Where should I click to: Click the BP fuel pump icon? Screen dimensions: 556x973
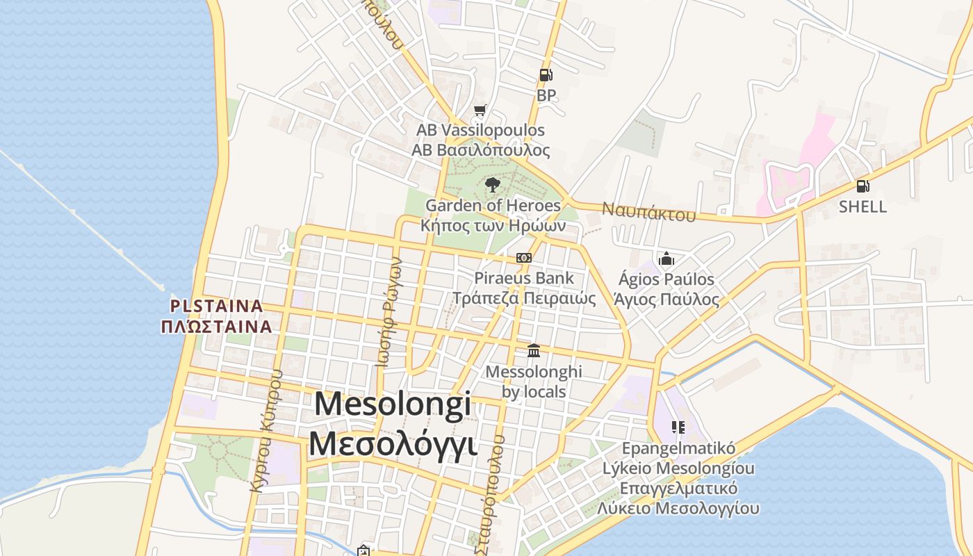[546, 75]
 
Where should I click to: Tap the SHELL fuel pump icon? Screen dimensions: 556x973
[862, 186]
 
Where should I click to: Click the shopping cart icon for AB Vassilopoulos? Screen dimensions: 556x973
[479, 110]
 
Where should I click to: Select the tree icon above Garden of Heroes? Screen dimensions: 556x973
[493, 184]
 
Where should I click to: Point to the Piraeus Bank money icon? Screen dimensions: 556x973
[524, 258]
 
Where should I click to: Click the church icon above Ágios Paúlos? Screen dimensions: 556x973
[667, 259]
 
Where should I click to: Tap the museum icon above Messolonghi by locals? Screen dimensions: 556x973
[534, 350]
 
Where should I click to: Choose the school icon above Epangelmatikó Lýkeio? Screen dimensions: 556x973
[678, 427]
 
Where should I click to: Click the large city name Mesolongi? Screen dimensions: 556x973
[393, 404]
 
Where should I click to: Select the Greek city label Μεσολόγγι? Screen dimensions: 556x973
[393, 443]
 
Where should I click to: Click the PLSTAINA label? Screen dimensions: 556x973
[217, 306]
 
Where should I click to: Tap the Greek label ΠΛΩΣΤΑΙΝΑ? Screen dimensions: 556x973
[216, 326]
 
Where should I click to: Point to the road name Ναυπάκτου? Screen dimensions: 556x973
[648, 212]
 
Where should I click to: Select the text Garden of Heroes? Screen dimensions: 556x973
[493, 205]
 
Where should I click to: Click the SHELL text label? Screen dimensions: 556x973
[862, 206]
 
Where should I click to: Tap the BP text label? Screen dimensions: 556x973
[546, 95]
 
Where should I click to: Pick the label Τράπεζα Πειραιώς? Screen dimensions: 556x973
[524, 299]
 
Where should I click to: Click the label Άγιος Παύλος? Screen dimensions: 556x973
[667, 300]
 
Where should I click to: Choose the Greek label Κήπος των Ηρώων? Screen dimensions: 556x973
[493, 225]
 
